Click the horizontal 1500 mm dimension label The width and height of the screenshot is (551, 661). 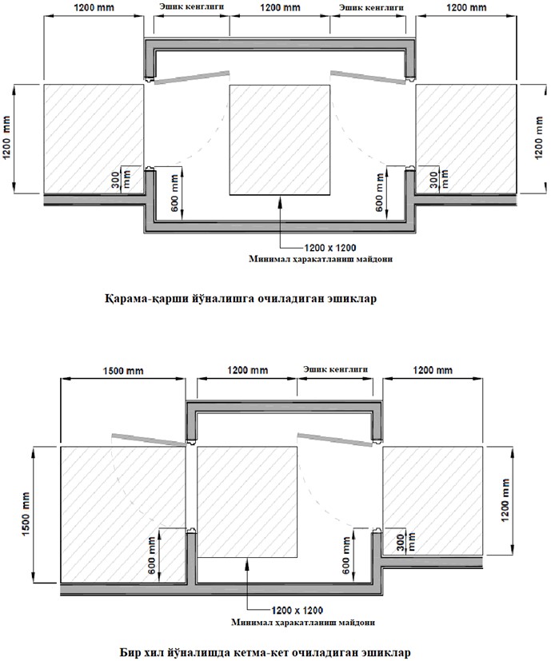123,371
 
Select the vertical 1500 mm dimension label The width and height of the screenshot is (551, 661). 26,514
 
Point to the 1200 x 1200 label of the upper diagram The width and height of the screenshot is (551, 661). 330,248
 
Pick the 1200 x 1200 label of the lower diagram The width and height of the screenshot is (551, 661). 297,611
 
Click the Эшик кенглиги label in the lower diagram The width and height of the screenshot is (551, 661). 335,369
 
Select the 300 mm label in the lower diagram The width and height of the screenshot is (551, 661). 407,542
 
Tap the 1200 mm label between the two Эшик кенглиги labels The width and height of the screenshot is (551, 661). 280,7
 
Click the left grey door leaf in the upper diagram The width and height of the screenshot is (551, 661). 192,78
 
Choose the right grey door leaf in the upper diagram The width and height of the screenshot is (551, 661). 368,78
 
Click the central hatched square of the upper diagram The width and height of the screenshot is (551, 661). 280,140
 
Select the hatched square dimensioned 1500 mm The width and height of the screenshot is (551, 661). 123,515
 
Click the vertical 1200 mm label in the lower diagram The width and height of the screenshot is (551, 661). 505,500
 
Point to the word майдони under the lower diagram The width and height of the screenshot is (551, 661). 357,622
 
